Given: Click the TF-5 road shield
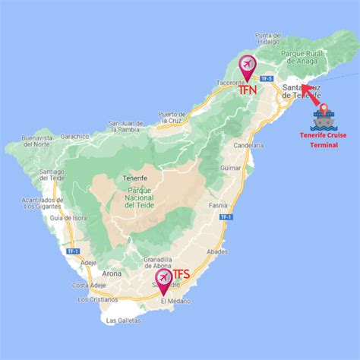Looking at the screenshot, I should pyautogui.click(x=266, y=79).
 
